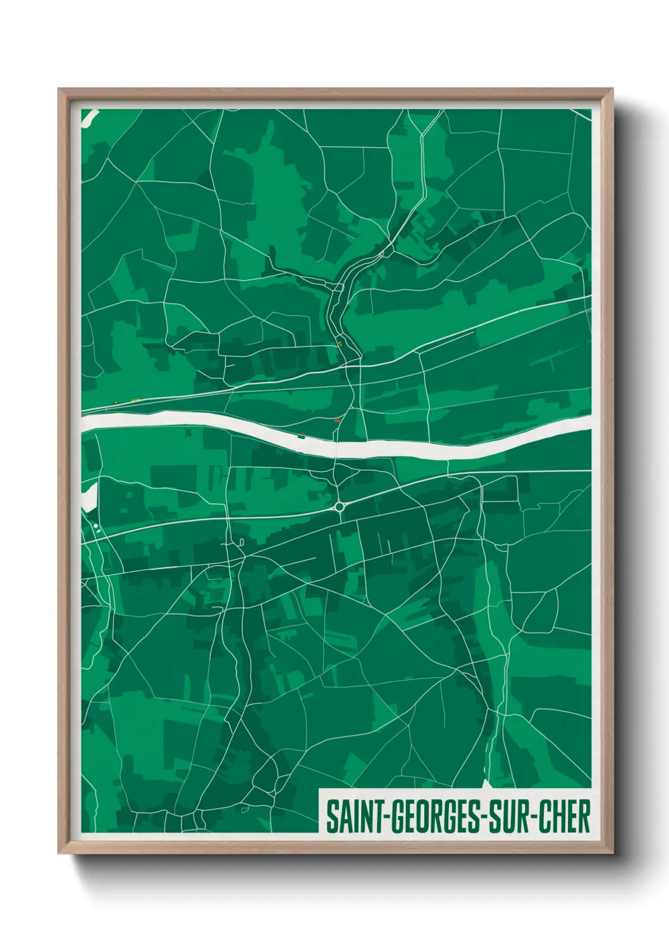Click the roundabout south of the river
pos(340,506)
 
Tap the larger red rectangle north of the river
pos(337,420)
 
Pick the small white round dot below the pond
pos(95,526)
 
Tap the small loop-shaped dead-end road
pos(241,541)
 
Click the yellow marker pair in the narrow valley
pos(340,344)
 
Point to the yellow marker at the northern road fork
pos(381,255)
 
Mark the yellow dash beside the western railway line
pos(136,400)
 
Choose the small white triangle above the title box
pos(486,784)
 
